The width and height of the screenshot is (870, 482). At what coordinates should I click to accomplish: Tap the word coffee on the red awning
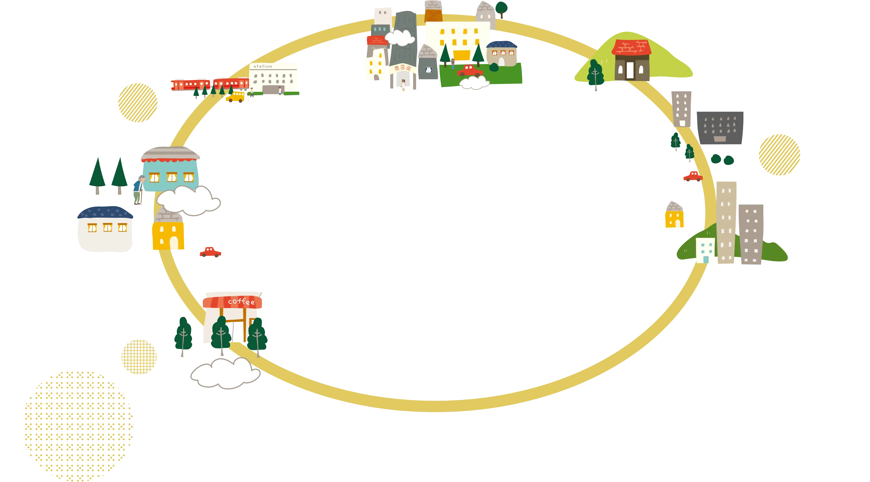pos(241,301)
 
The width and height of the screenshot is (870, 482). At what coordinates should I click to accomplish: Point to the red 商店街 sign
pos(403,68)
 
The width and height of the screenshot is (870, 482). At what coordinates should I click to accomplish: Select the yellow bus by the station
pos(235,97)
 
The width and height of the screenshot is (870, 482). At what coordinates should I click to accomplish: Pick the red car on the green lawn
pos(469,71)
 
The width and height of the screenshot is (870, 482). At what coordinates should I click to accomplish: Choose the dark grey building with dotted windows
pos(720,128)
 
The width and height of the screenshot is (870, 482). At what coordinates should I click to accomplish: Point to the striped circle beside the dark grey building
pos(779,155)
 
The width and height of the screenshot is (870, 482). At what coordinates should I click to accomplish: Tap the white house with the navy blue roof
pos(105,229)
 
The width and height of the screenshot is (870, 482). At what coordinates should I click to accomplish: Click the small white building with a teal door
pos(705,250)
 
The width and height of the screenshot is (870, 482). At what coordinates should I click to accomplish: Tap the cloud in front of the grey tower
pos(400,38)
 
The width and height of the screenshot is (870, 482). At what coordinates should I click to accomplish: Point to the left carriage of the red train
pos(191,85)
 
